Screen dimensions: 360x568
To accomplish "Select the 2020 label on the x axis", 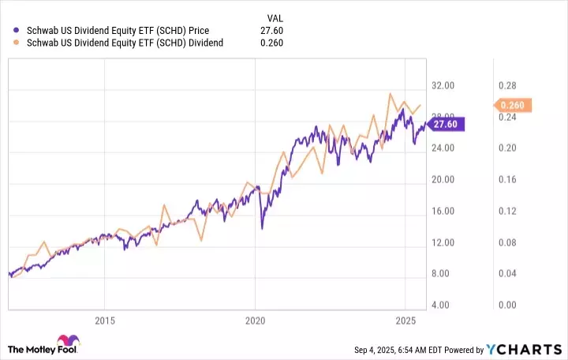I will click(254, 321).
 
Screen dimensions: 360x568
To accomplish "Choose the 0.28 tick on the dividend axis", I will click(505, 84).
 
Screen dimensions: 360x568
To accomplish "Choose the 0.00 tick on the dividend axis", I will click(505, 305).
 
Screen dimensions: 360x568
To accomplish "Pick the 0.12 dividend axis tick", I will click(505, 211).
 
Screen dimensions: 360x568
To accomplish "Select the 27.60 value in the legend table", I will click(271, 29).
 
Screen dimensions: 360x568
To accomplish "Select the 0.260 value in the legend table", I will click(271, 43).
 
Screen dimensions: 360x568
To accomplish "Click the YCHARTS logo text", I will click(533, 349).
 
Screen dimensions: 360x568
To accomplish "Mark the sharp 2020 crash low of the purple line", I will click(262, 228).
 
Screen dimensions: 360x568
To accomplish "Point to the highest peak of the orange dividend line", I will click(390, 94).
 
